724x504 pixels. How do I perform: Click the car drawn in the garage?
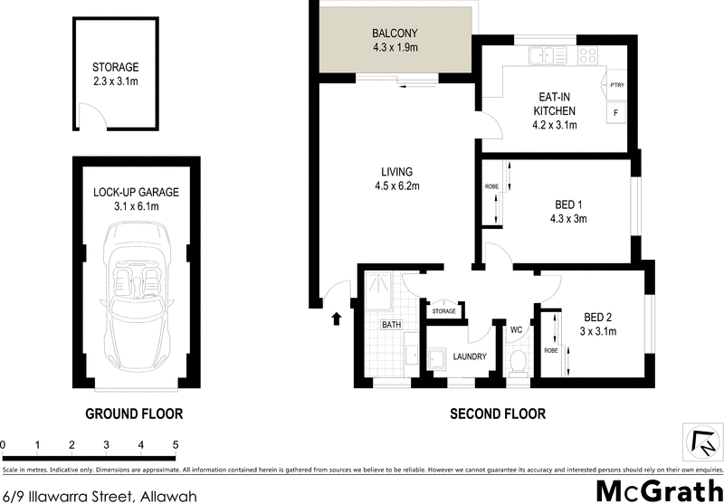coord(136,300)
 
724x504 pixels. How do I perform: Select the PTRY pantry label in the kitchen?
coord(618,86)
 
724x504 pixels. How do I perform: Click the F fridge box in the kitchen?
coord(616,113)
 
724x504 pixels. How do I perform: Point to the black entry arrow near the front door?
coord(338,318)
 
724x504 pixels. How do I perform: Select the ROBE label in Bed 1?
coord(491,186)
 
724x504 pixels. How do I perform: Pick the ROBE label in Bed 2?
coord(550,348)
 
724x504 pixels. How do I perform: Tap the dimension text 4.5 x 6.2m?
coord(396,186)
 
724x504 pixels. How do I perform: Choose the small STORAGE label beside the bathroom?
coord(443,311)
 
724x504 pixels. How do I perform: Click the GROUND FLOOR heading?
coord(134,414)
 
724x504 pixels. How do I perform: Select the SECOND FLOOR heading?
coord(498,414)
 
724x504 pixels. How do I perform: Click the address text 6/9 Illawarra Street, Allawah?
coord(100,494)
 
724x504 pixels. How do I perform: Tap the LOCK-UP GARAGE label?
coord(136,192)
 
